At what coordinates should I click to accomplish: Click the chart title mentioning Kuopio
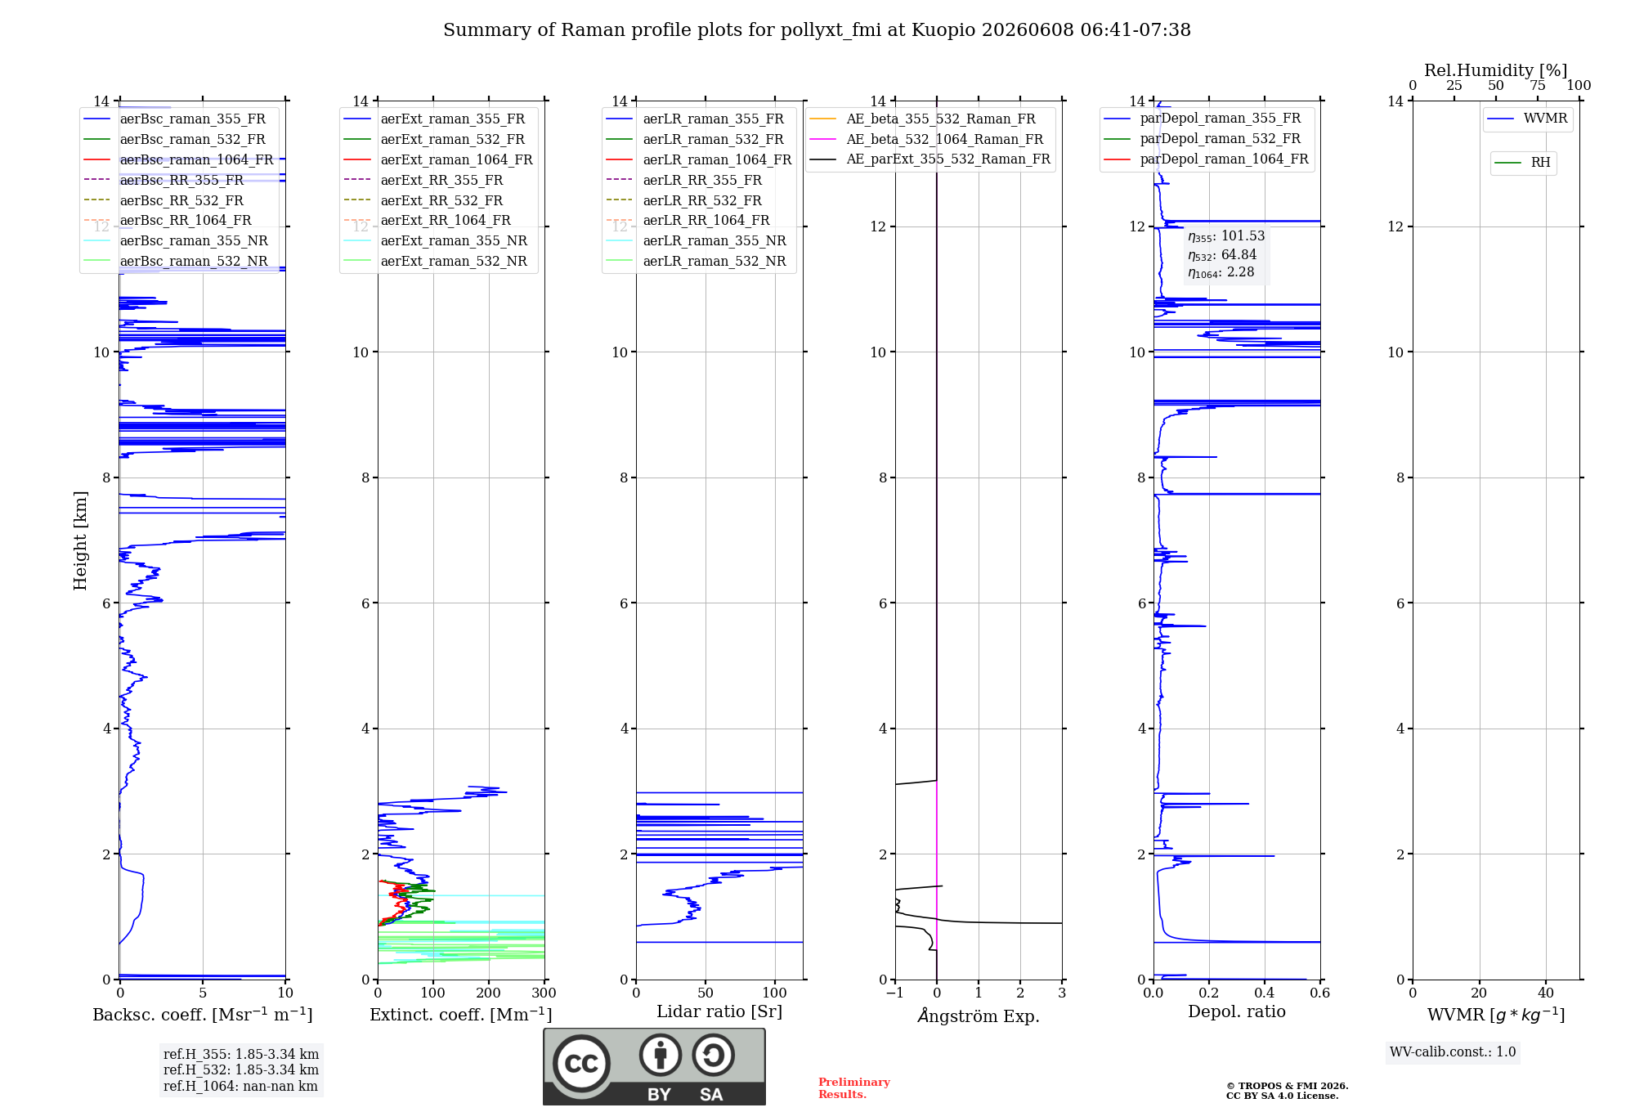point(817,30)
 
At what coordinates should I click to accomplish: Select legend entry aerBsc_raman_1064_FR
point(196,159)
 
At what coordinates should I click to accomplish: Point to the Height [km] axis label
point(80,540)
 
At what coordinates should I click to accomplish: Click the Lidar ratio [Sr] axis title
point(719,1011)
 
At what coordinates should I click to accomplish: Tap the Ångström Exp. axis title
point(979,1016)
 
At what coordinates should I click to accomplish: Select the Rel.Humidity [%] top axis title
point(1496,70)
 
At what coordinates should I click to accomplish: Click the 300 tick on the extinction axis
point(544,993)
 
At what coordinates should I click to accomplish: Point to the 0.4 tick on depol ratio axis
point(1265,993)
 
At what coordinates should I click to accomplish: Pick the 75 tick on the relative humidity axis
point(1538,85)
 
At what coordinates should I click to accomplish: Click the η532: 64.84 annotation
point(1222,255)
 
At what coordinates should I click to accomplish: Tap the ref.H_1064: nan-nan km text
point(241,1086)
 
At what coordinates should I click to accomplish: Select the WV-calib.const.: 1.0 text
point(1453,1051)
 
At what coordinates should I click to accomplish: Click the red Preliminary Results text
point(854,1088)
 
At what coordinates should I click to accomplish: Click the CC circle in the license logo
point(581,1064)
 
